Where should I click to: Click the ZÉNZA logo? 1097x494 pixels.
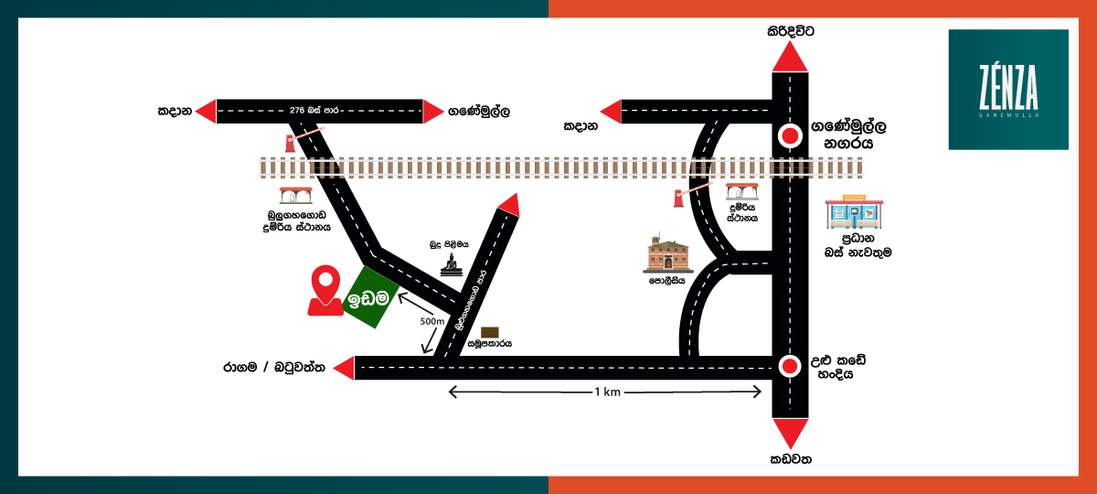[1008, 90]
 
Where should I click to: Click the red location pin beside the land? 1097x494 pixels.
[325, 290]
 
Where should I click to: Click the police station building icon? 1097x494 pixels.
[667, 253]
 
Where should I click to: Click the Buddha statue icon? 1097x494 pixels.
[450, 263]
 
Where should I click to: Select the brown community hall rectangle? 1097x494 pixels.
[490, 331]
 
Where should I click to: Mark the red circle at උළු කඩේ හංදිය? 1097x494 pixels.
[790, 368]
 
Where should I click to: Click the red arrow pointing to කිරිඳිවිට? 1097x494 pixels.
[790, 57]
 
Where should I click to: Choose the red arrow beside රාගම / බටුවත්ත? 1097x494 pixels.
[344, 368]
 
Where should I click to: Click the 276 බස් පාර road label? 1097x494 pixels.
[313, 110]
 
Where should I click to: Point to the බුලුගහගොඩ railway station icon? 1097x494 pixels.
[295, 196]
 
